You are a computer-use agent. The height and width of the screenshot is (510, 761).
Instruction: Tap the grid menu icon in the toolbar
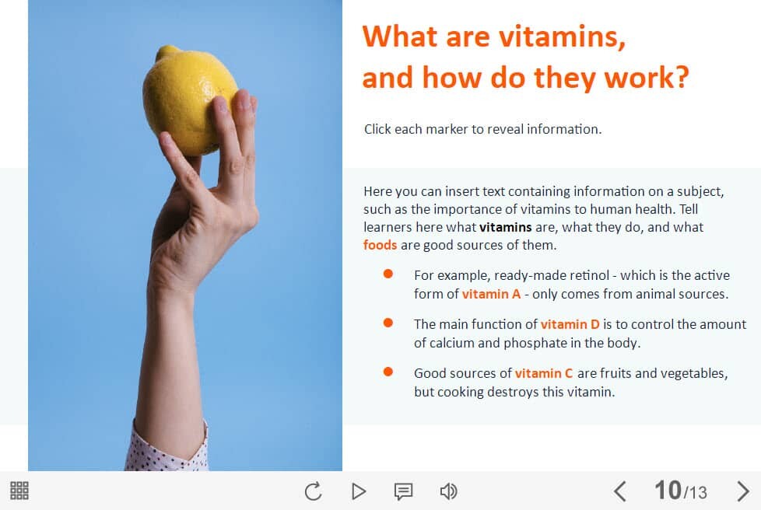coord(19,491)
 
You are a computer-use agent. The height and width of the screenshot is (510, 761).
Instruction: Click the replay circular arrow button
coord(313,491)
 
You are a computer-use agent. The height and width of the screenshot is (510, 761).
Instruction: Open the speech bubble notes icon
coord(403,491)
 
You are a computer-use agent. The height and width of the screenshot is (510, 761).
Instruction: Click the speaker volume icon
coord(448,491)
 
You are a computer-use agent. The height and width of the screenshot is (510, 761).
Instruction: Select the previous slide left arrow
coord(619,491)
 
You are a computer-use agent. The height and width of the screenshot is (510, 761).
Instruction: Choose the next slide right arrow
coord(742,491)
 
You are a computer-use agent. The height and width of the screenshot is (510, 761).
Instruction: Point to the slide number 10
coord(668,490)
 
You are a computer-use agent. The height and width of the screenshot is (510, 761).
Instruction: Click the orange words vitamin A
coord(491,295)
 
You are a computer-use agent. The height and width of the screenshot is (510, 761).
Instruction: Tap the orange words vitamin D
coord(570,324)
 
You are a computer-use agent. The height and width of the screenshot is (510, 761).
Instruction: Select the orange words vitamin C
coord(544,373)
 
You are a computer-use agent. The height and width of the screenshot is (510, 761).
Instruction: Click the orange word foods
coord(380,245)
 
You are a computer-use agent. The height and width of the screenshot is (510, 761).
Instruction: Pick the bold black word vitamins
coord(505,227)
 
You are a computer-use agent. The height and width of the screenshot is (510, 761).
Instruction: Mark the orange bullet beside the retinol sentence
coord(388,274)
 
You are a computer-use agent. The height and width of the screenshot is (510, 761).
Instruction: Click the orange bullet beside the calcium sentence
coord(388,323)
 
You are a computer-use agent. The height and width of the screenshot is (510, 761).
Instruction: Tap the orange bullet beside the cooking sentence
coord(388,372)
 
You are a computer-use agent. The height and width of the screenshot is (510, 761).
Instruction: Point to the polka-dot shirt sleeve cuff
coord(167,449)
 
